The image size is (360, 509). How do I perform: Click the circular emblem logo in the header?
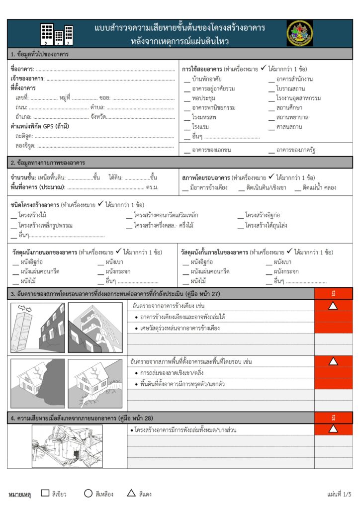(x=300, y=33)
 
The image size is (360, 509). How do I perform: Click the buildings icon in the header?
(x=57, y=34)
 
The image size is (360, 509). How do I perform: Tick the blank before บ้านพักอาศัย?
(x=186, y=80)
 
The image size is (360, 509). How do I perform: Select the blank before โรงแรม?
(x=186, y=128)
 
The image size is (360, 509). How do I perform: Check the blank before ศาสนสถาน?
(x=271, y=128)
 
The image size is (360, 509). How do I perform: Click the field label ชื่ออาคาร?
(x=22, y=69)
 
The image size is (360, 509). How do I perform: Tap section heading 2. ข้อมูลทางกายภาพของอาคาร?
(x=49, y=163)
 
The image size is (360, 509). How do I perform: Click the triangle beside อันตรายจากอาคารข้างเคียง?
(x=333, y=305)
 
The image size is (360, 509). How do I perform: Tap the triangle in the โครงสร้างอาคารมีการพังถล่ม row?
(x=333, y=428)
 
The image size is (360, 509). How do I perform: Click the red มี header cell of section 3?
(x=333, y=293)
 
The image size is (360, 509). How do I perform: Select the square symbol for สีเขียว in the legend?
(x=45, y=493)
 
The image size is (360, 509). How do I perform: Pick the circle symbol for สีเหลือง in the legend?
(x=88, y=493)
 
